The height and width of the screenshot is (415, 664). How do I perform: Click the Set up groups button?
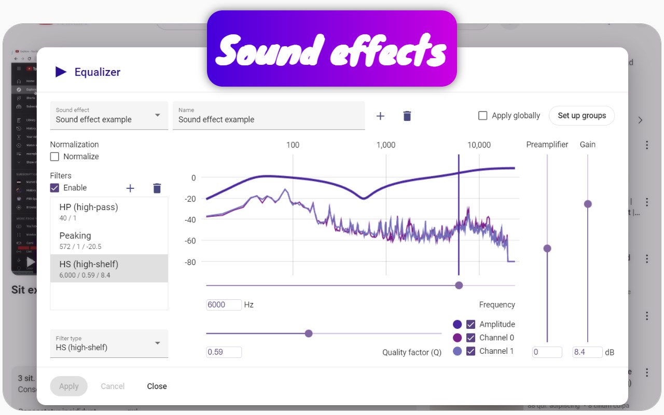pyautogui.click(x=582, y=116)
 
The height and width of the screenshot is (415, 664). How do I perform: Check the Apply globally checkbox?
pyautogui.click(x=482, y=116)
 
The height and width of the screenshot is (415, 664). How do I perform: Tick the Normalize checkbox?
pyautogui.click(x=54, y=157)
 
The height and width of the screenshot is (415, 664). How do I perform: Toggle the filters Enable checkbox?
pyautogui.click(x=54, y=188)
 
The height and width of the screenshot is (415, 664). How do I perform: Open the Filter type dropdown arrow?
pyautogui.click(x=158, y=343)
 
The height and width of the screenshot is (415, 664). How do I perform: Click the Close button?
pyautogui.click(x=157, y=386)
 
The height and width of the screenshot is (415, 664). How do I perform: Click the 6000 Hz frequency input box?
pyautogui.click(x=224, y=305)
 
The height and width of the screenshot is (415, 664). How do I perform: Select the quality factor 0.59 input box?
pyautogui.click(x=224, y=352)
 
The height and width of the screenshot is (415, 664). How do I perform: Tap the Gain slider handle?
pyautogui.click(x=588, y=204)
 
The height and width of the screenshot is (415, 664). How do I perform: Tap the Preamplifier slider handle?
pyautogui.click(x=547, y=248)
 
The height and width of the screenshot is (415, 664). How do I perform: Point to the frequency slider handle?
pyautogui.click(x=459, y=285)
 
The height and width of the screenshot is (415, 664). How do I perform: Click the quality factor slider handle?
pyautogui.click(x=309, y=334)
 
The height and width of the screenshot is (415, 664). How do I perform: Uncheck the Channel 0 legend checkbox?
pyautogui.click(x=471, y=338)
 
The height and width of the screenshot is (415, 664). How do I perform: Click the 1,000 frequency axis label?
pyautogui.click(x=386, y=145)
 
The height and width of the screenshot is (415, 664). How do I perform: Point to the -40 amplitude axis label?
pyautogui.click(x=190, y=220)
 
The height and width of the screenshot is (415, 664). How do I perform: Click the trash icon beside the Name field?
pyautogui.click(x=407, y=116)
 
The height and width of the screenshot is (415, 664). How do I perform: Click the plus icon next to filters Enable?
pyautogui.click(x=130, y=188)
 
